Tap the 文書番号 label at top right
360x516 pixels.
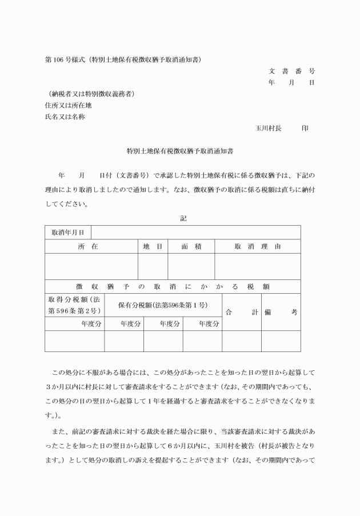point(291,71)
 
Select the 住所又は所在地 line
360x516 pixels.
point(68,105)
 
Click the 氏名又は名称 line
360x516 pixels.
point(65,117)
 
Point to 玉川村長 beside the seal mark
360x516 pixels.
point(268,128)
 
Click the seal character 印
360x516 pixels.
point(305,128)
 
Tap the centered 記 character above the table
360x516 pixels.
point(183,218)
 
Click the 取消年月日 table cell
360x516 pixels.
point(68,233)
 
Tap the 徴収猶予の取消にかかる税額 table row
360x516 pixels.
point(173,286)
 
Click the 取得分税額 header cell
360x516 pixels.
point(74,305)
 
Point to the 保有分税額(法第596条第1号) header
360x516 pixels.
point(163,305)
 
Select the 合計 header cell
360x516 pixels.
point(241,312)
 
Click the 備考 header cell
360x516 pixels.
point(281,312)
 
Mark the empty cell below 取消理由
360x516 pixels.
point(257,266)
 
